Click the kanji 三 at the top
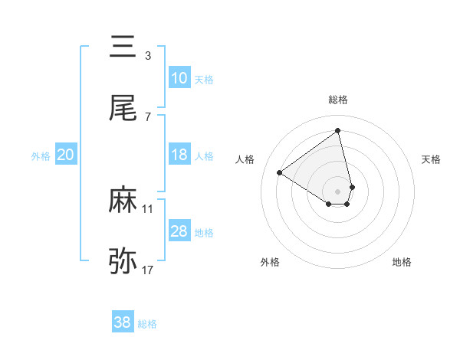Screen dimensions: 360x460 (123, 47)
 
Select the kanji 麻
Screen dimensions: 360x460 (123, 201)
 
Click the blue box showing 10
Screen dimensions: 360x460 (179, 78)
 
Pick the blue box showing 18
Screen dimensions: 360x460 (179, 155)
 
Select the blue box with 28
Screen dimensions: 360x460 (179, 231)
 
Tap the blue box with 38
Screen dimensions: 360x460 (123, 322)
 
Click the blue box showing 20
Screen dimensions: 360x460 (65, 155)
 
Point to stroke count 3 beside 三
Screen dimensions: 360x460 (147, 55)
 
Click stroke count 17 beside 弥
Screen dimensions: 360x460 (147, 270)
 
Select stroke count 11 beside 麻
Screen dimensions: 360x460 (147, 208)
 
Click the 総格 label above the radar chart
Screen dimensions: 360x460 (338, 100)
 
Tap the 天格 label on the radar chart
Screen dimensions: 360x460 (432, 159)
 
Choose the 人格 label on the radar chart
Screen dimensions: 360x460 (245, 159)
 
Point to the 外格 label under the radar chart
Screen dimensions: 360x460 (270, 262)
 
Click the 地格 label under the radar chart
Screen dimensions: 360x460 (402, 262)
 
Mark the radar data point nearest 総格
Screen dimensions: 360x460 (338, 130)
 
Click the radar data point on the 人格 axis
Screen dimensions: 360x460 (280, 173)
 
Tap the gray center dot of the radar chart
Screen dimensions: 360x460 (338, 191)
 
